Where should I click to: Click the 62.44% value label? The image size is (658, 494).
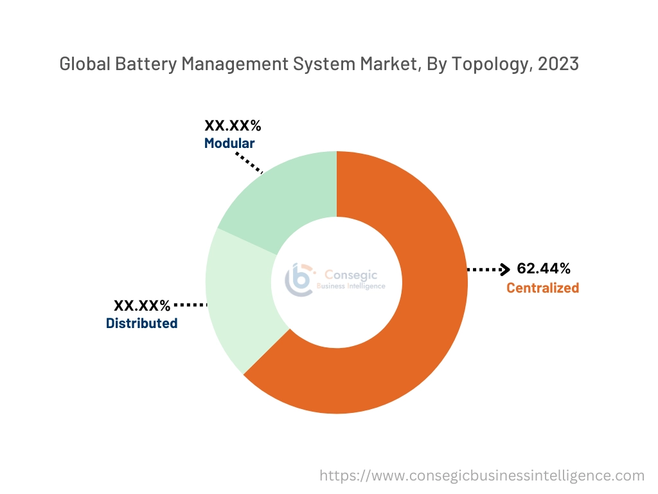coord(543,269)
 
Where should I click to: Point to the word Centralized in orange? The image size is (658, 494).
coord(542,288)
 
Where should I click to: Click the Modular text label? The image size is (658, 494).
coord(229,143)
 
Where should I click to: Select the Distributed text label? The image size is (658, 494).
coord(141,324)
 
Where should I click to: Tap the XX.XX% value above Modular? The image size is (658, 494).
coord(233,125)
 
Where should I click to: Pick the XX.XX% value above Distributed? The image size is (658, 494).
coord(142,305)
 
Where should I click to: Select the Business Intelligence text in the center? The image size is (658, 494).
coord(351,286)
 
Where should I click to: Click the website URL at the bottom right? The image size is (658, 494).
coord(482,475)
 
